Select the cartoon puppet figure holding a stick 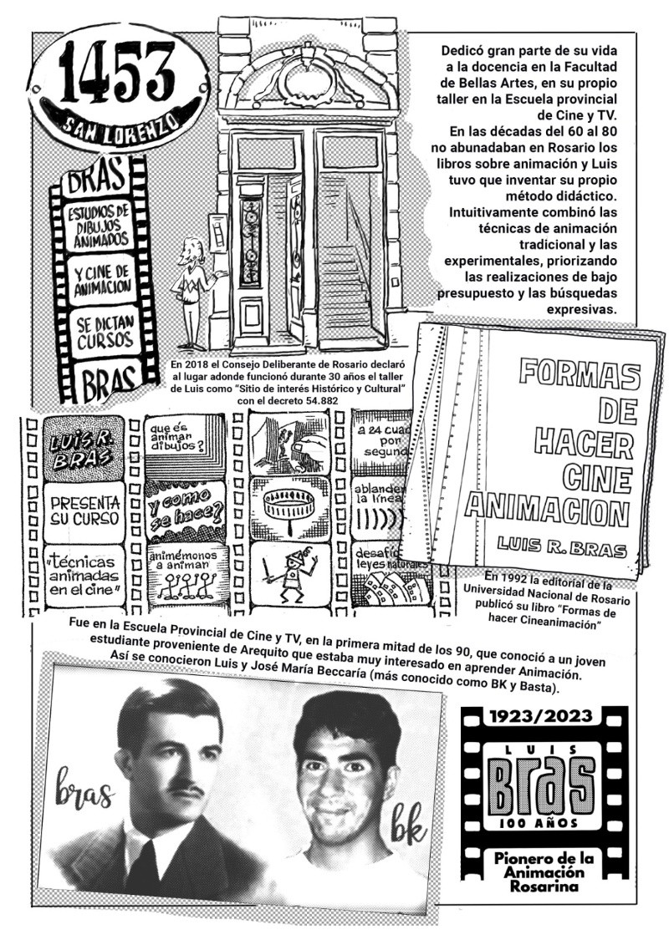[293, 577]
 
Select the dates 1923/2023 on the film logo [544, 716]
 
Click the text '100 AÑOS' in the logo [544, 823]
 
